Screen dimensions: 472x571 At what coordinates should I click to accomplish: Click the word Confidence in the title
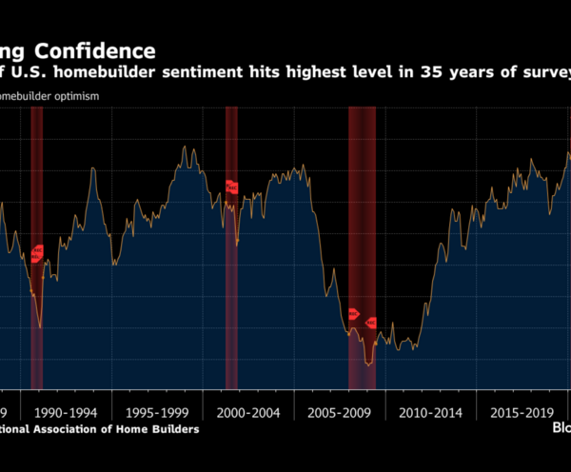pyautogui.click(x=101, y=50)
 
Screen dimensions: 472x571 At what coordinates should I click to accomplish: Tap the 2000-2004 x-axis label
pyautogui.click(x=246, y=412)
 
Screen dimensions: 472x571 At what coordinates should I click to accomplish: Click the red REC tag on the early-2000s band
pyautogui.click(x=231, y=187)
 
